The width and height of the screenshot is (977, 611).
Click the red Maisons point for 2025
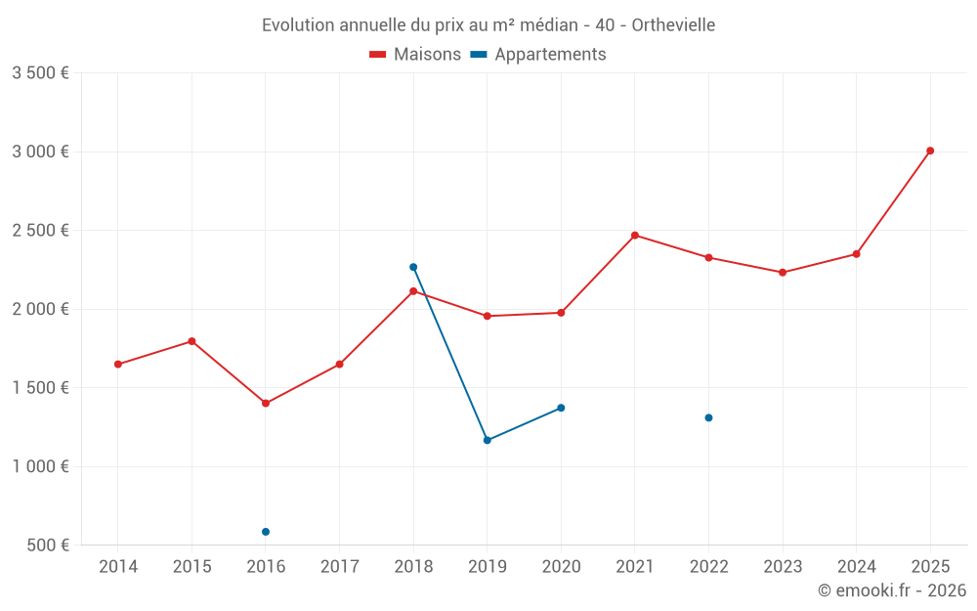tap(930, 151)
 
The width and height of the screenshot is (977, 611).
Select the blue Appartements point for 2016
tap(266, 532)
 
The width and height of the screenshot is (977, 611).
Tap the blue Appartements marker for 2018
tap(413, 267)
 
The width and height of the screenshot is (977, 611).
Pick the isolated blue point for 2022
tap(708, 417)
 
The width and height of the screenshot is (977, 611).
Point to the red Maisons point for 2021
tap(635, 236)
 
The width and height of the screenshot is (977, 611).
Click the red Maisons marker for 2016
tap(266, 403)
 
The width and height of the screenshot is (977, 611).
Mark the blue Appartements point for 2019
tap(488, 440)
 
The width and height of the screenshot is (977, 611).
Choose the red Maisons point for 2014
tap(118, 364)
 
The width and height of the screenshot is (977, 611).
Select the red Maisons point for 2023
tap(783, 272)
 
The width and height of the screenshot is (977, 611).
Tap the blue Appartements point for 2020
tap(561, 408)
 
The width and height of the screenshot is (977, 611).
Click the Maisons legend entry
tap(415, 55)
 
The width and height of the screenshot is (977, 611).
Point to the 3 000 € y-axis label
tap(40, 152)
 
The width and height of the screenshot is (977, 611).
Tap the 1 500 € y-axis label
tap(40, 387)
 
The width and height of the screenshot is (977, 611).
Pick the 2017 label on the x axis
tap(339, 566)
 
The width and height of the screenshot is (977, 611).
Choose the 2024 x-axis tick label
tap(856, 566)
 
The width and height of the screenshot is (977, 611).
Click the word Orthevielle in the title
tap(673, 25)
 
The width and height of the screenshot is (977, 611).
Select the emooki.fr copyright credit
tap(891, 590)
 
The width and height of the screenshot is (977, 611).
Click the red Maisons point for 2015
tap(191, 341)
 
